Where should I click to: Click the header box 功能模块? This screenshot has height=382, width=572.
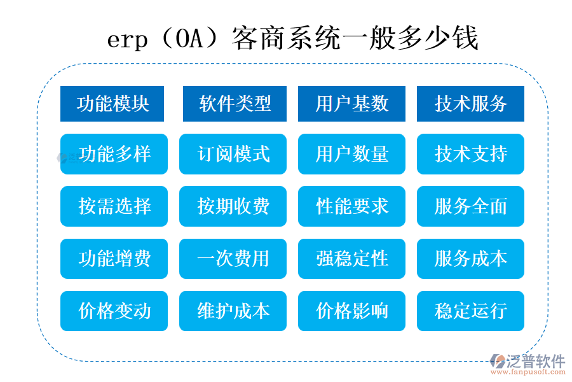point(112,103)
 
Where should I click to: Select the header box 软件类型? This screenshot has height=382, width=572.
point(235,103)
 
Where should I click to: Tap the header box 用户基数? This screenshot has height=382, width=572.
point(351,103)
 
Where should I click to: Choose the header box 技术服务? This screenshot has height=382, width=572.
point(470,103)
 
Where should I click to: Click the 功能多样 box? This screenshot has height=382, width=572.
point(114,154)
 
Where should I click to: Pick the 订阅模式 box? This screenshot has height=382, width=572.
point(233,154)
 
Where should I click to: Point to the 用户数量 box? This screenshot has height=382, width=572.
point(351,154)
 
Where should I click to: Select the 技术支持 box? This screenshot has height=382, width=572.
point(470,154)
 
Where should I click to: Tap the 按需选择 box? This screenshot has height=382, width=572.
point(114,206)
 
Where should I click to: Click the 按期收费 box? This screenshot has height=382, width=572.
point(233,206)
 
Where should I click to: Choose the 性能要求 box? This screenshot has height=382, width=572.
point(351,206)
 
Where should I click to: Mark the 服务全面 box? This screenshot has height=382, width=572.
point(470,206)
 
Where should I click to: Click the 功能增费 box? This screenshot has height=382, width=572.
point(114,258)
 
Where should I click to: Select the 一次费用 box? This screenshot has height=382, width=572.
point(233,258)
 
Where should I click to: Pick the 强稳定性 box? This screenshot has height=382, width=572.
point(351,258)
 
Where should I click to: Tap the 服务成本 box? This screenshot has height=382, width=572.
point(470,258)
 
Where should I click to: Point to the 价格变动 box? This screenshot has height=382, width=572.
point(114,311)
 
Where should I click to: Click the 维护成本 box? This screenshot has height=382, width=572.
point(233,311)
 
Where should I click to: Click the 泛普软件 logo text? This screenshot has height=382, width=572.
point(535,361)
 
